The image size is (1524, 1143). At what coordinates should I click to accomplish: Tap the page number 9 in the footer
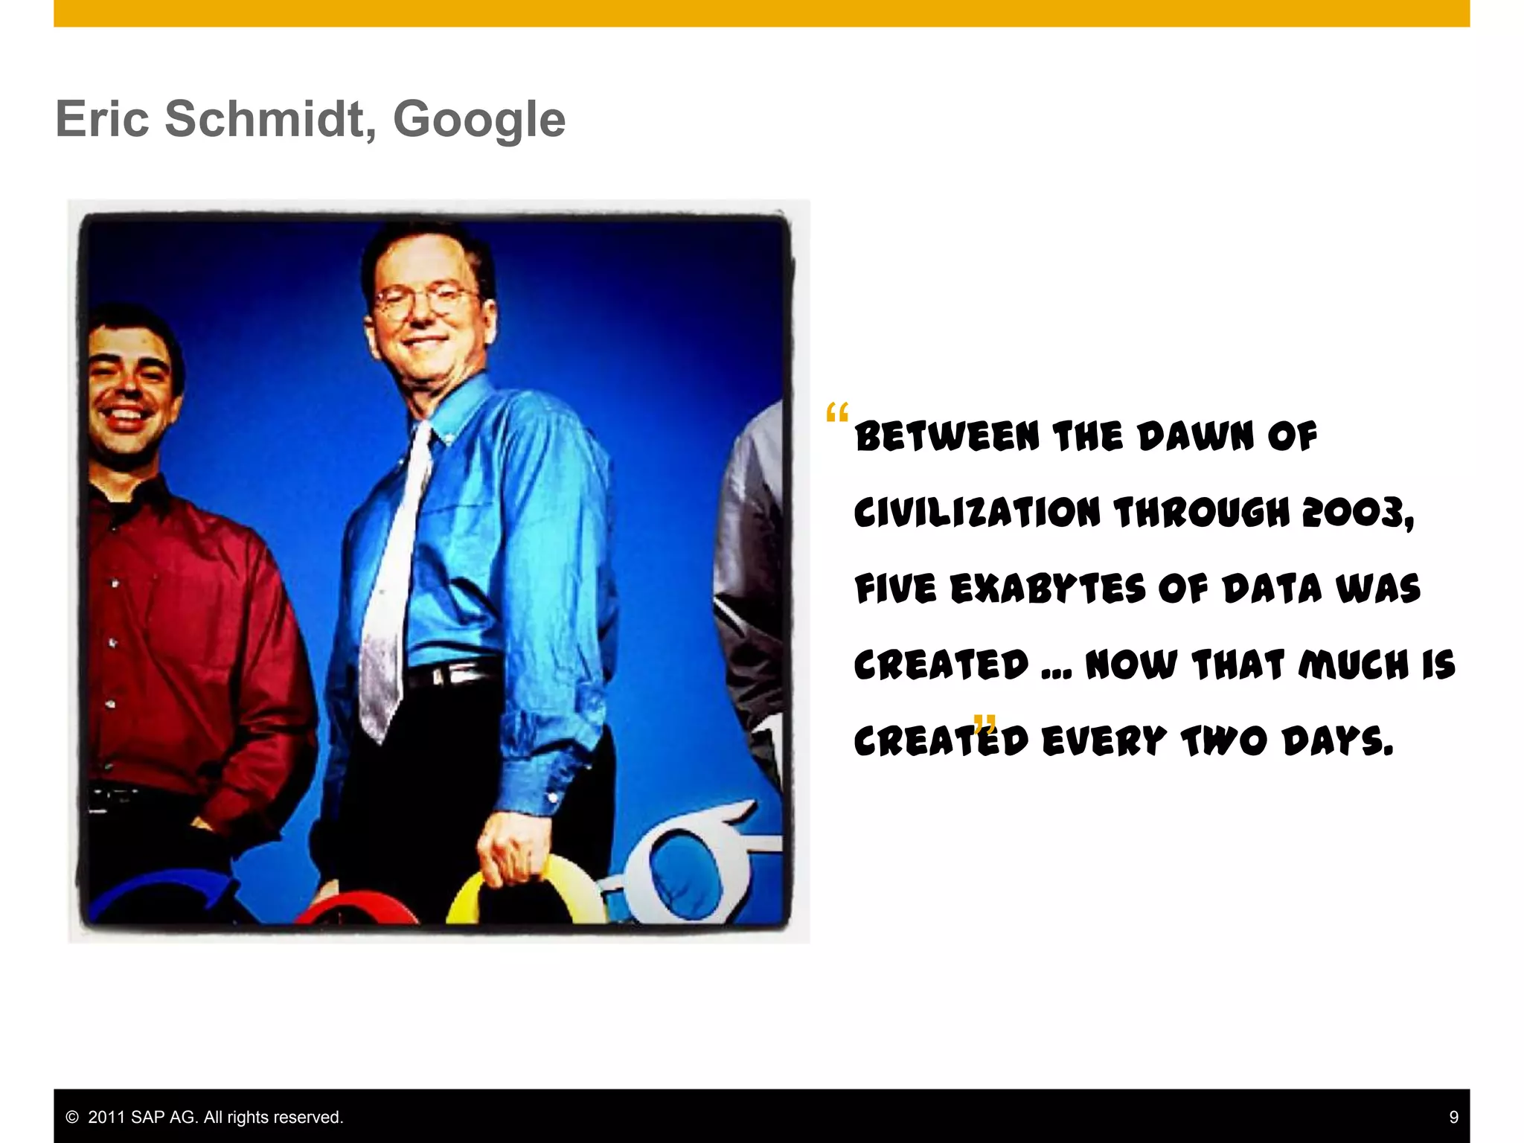[x=1453, y=1117]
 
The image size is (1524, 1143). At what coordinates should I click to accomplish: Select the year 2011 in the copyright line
[x=107, y=1117]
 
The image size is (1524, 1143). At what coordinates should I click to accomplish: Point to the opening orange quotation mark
[x=836, y=413]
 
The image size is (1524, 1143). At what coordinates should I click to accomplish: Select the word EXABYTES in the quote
[x=1048, y=589]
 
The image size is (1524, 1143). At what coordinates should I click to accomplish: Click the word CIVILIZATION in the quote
[x=976, y=513]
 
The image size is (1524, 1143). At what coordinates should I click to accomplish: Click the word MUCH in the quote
[x=1354, y=665]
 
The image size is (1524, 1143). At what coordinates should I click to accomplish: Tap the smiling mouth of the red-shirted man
[x=127, y=414]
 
